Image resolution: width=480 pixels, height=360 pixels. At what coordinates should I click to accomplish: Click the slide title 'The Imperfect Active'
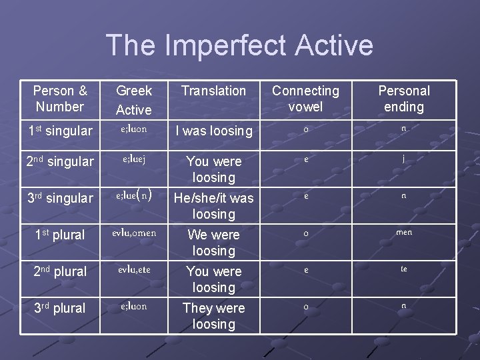click(x=239, y=45)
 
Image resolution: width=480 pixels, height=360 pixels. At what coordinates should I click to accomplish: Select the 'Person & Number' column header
click(x=60, y=99)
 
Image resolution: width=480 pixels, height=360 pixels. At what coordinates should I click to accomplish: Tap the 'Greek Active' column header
click(x=134, y=100)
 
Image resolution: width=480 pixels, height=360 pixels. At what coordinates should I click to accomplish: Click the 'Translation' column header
click(x=213, y=91)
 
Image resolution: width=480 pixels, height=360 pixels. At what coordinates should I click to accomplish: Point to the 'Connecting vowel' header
click(x=305, y=99)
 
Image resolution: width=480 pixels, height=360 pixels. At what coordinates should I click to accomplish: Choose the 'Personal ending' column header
click(x=404, y=99)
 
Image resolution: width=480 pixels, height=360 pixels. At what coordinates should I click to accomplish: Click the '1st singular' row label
click(x=60, y=131)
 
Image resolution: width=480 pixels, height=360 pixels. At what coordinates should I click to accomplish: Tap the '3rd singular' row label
click(x=60, y=198)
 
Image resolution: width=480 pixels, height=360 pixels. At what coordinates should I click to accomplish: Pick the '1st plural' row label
click(x=60, y=235)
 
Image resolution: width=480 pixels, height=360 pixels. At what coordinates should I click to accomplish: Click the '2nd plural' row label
click(x=60, y=271)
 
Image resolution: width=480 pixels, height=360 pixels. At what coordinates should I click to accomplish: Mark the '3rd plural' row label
click(x=60, y=308)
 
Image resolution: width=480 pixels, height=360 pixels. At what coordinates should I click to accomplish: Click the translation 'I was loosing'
click(x=213, y=131)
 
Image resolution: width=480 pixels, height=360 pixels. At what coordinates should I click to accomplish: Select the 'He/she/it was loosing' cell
click(x=213, y=206)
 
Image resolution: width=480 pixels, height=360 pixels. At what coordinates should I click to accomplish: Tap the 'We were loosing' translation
click(x=213, y=243)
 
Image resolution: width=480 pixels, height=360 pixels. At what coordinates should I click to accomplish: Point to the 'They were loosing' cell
click(x=213, y=316)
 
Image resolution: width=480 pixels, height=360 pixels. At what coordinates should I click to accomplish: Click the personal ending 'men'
click(x=404, y=232)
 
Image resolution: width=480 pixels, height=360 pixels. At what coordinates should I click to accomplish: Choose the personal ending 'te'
click(x=404, y=269)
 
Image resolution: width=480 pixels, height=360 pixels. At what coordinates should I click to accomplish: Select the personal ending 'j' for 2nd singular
click(x=404, y=159)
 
